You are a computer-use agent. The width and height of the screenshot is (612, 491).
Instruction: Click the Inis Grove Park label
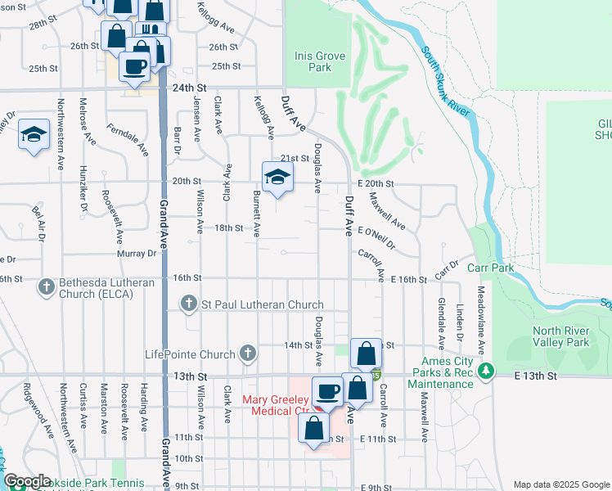click(320, 61)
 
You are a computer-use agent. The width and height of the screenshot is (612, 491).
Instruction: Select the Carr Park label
click(490, 268)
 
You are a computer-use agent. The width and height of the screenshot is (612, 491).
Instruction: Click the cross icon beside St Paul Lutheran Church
click(189, 304)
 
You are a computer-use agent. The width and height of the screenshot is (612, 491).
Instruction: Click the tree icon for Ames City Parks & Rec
click(487, 372)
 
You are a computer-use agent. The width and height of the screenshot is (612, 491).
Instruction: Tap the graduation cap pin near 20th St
click(277, 177)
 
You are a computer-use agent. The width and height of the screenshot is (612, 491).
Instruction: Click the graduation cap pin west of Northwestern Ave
click(34, 135)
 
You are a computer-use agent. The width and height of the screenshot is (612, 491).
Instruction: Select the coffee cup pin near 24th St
click(136, 66)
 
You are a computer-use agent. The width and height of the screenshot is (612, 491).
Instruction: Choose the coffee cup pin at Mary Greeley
click(327, 392)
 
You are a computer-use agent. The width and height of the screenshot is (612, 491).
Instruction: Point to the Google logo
click(26, 481)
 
